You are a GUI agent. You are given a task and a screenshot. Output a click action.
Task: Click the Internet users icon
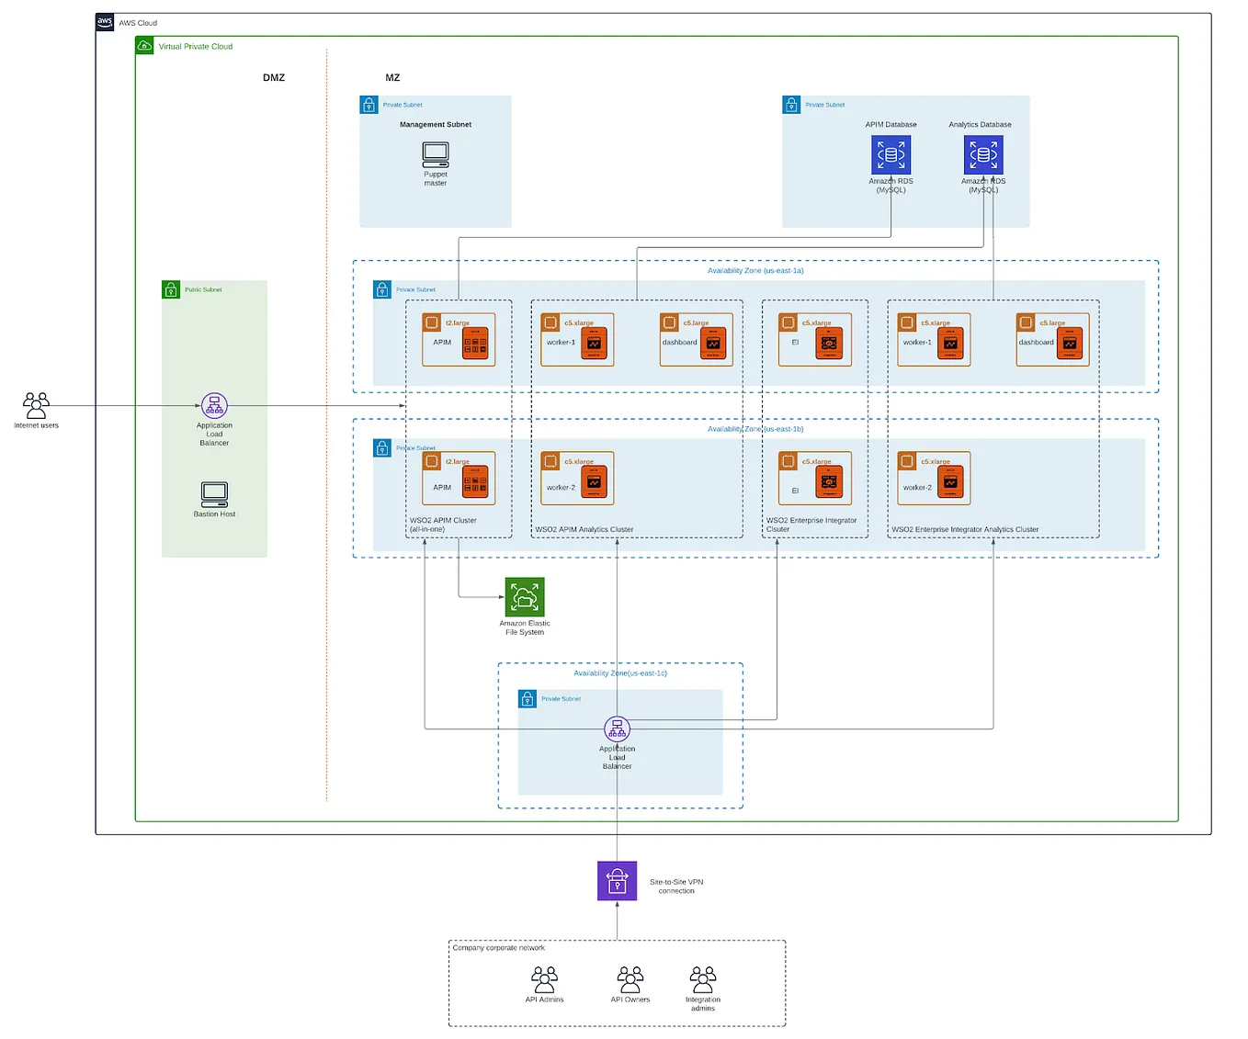36,405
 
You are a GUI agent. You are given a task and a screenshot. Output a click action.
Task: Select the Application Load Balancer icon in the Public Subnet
214,405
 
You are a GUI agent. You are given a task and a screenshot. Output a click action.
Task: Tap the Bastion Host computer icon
214,494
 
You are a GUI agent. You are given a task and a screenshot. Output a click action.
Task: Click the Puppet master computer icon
436,154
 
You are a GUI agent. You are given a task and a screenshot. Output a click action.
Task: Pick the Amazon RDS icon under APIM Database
891,154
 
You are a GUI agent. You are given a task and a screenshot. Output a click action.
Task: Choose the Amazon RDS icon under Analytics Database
983,154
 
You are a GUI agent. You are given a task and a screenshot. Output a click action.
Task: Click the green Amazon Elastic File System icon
525,597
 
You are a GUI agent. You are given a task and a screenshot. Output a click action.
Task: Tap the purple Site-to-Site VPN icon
617,881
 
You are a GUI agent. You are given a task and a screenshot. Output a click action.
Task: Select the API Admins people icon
544,979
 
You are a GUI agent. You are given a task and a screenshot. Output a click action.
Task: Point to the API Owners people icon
630,979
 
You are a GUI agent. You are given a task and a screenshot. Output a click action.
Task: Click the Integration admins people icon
703,979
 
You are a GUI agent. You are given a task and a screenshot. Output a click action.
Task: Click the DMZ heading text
274,78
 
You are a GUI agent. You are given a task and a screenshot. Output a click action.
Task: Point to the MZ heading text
392,78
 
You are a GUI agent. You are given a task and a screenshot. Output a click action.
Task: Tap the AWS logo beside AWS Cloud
105,22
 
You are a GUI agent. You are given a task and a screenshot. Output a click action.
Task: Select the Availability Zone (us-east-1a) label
755,271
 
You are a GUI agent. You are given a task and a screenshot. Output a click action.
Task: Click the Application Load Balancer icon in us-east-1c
617,729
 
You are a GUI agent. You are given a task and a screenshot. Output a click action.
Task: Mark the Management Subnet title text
436,125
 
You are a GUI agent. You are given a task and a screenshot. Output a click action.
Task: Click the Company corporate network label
499,948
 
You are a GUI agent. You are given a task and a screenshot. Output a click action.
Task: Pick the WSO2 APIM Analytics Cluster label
584,530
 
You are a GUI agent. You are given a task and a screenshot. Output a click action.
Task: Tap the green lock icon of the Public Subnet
171,290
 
